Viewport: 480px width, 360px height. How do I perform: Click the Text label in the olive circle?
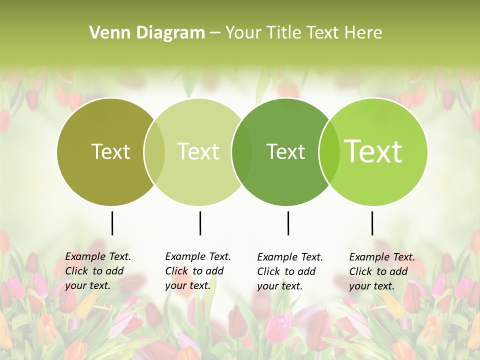tap(110, 151)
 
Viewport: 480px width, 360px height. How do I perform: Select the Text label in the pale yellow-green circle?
tap(198, 151)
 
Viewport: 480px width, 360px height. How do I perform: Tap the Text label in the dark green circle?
tap(285, 151)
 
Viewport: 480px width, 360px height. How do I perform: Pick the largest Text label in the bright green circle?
tap(373, 151)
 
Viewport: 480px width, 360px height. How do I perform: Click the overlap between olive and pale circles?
tap(154, 151)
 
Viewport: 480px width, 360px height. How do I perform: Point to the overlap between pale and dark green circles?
tap(242, 151)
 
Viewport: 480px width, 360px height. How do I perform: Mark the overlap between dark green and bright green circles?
tap(329, 151)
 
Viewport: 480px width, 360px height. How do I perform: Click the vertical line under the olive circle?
tap(112, 223)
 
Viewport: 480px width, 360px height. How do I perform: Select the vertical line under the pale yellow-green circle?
tap(200, 223)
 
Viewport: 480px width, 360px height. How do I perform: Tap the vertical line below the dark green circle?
tap(288, 223)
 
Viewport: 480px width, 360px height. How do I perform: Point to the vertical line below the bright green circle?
tap(372, 223)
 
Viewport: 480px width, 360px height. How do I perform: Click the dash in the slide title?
tap(215, 33)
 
